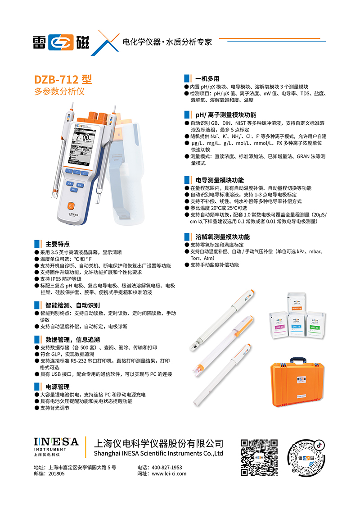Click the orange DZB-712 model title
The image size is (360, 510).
[63, 79]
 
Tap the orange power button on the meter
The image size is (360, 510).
[71, 206]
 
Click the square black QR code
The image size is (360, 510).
[259, 457]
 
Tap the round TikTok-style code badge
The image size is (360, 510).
[306, 458]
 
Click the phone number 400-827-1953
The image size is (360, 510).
[166, 467]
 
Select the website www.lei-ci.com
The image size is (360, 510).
[169, 474]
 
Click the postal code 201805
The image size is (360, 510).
[57, 474]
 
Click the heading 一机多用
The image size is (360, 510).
[207, 79]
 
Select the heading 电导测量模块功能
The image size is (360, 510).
[220, 180]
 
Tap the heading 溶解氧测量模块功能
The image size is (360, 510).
[223, 237]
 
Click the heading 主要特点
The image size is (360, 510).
[58, 244]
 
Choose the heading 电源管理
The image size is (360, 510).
[58, 387]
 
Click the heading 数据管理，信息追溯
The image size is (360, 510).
[73, 340]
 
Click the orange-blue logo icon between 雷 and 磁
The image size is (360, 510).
[61, 42]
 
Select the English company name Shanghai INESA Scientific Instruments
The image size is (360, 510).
[158, 453]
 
